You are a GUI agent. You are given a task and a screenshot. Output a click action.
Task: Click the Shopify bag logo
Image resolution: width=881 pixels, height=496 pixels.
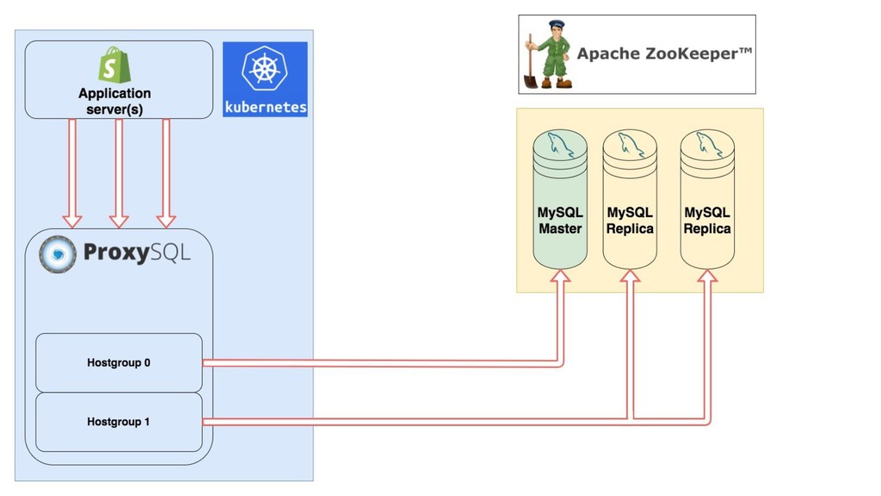coord(114,65)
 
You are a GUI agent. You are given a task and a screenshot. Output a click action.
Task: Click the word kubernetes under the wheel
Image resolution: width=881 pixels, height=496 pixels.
coord(265,108)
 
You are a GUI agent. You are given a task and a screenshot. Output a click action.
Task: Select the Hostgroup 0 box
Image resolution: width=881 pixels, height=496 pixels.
coord(119,363)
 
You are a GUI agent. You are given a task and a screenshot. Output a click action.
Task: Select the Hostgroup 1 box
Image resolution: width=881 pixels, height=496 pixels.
coord(119,422)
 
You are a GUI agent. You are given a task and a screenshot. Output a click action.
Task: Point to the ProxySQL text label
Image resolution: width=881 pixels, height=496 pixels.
coord(137,252)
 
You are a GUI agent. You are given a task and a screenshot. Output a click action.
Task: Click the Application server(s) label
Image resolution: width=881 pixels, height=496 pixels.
coord(114,101)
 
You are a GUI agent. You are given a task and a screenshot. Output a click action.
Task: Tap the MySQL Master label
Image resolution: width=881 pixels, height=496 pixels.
coord(560,220)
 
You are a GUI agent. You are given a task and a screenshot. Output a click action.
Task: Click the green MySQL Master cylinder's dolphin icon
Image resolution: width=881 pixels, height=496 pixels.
coord(559,145)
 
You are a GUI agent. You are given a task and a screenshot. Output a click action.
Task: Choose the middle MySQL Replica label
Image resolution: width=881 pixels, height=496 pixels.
coord(630,220)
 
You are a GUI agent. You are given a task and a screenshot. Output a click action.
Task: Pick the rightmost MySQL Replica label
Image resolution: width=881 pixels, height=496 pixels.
coord(707,220)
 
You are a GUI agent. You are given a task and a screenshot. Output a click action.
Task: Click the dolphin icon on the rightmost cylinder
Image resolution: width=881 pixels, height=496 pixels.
coord(707,145)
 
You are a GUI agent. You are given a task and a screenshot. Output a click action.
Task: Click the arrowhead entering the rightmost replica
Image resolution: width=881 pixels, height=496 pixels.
coord(707,277)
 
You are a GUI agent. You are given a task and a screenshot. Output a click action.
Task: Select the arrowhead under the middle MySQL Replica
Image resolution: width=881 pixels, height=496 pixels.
coord(630,277)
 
